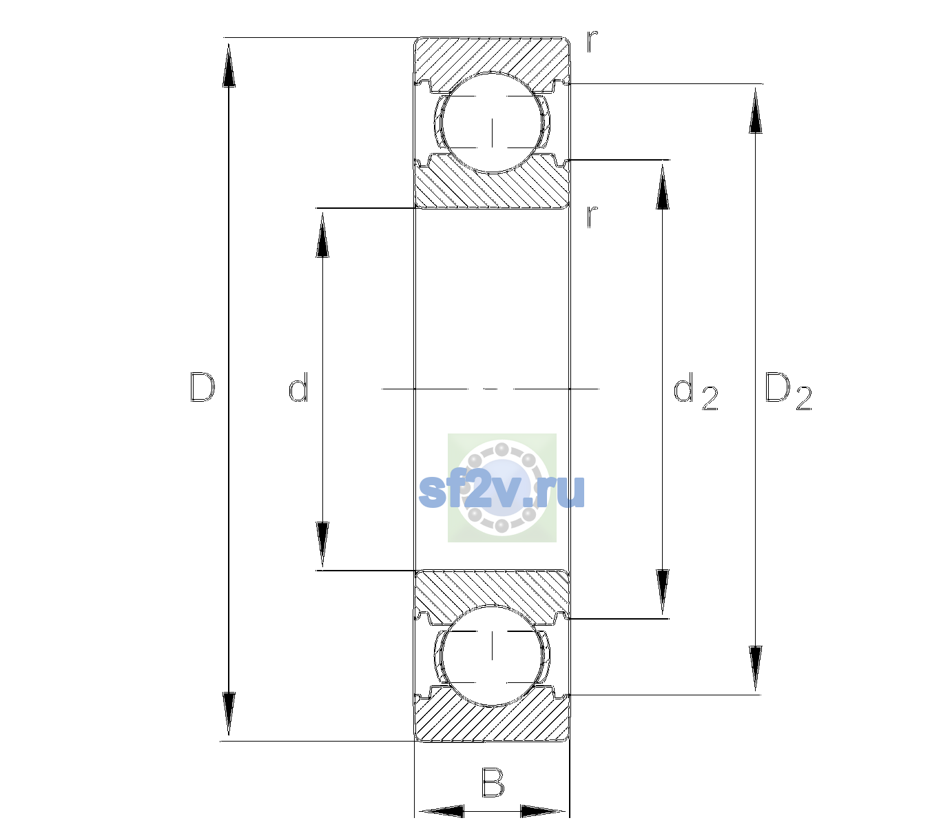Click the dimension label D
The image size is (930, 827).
coord(203,387)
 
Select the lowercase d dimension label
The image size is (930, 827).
coord(298,387)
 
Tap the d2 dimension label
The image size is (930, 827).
coord(696,391)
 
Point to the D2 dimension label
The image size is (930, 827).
coord(788,391)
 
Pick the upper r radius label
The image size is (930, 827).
coord(592,41)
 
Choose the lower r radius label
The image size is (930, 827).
coord(592,216)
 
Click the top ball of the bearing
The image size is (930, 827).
coord(492,123)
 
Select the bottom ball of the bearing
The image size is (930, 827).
coord(492,655)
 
